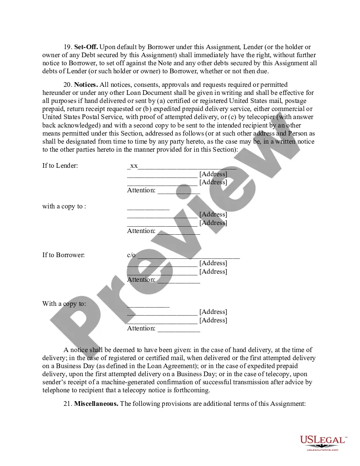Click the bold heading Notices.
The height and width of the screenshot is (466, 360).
coord(86,85)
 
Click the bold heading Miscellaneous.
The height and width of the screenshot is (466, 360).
coord(96,404)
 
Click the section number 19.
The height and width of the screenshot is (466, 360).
coord(68,47)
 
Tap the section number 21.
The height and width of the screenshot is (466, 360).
coord(68,404)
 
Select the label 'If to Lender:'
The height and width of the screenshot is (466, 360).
coord(60,166)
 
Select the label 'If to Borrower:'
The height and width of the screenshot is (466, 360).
coord(64,255)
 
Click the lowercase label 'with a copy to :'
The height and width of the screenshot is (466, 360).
coord(64,206)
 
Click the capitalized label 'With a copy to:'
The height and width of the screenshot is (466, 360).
coord(64,304)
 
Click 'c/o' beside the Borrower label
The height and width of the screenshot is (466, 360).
coord(131,255)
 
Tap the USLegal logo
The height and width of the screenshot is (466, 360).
coord(323,441)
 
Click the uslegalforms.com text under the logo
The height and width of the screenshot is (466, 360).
coord(323,449)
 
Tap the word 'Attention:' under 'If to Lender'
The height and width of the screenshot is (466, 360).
coord(141,190)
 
